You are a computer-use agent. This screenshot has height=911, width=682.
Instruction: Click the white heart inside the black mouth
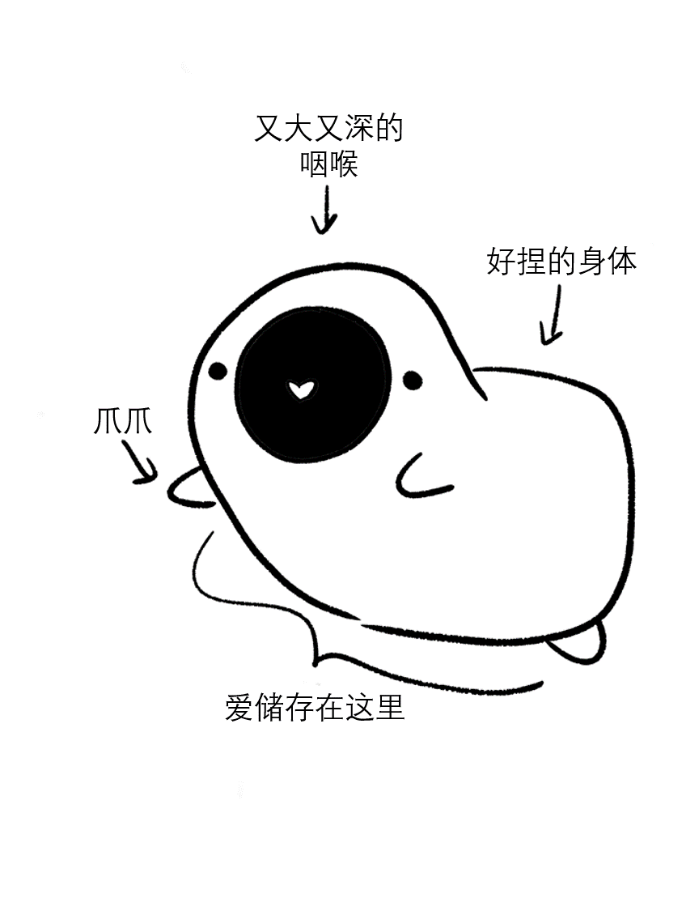tap(300, 390)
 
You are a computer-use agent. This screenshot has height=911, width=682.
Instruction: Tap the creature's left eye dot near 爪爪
tap(218, 372)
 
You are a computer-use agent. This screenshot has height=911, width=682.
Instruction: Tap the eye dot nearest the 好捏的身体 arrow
tap(412, 379)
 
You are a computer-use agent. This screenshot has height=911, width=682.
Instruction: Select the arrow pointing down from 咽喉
tap(325, 211)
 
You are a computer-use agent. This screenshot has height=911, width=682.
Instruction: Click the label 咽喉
tap(328, 165)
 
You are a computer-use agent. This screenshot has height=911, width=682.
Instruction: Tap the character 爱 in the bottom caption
tap(239, 707)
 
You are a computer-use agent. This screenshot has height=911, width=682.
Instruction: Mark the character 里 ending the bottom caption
tap(390, 707)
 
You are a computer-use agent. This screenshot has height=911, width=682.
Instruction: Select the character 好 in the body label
tap(502, 262)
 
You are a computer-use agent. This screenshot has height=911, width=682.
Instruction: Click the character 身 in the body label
tap(592, 262)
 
